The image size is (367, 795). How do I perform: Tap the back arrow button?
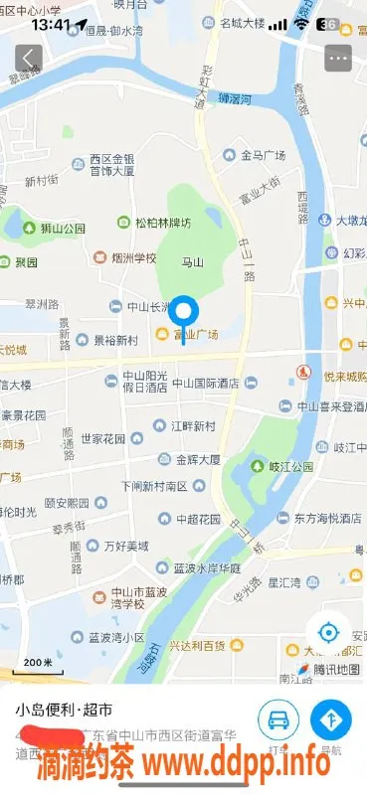29,58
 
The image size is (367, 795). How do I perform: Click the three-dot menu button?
338,58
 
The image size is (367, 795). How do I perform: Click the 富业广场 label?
196,335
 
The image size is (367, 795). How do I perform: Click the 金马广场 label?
262,156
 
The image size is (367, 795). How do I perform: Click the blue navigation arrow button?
331,719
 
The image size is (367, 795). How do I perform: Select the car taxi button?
278,719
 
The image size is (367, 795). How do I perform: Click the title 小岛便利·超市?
64,711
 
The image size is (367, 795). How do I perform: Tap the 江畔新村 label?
191,426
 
